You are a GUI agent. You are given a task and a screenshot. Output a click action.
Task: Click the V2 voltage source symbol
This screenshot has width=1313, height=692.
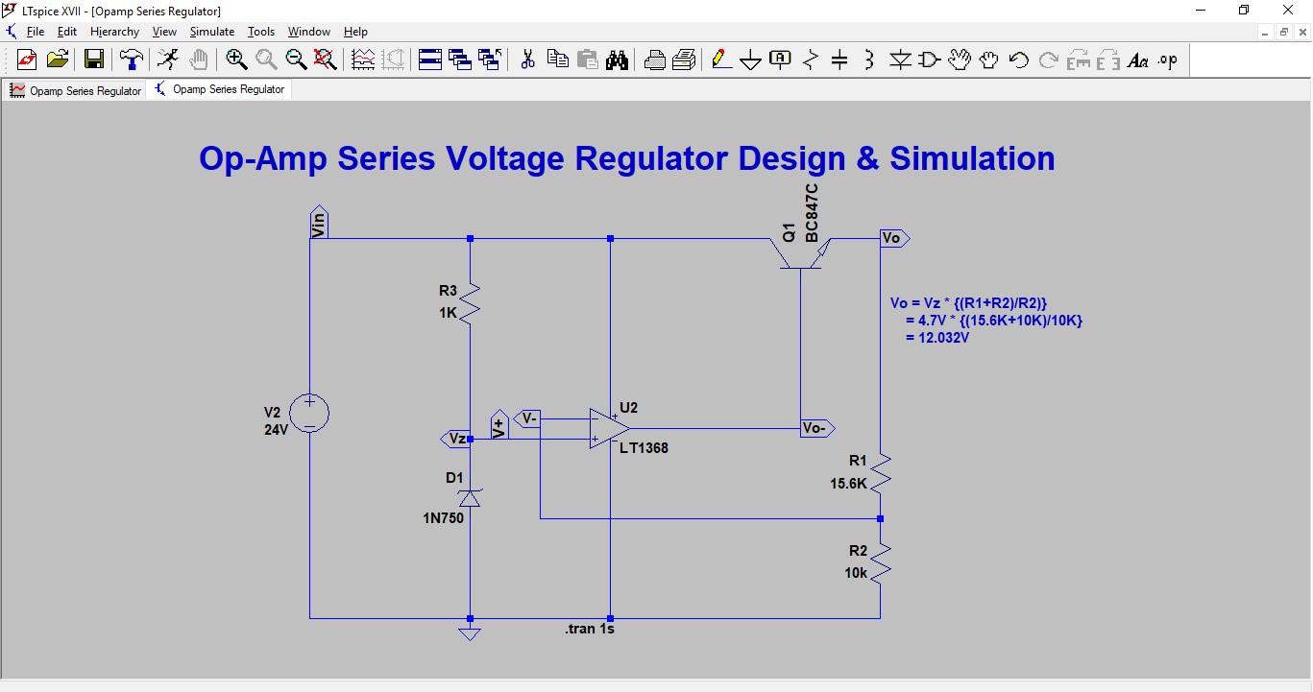point(310,413)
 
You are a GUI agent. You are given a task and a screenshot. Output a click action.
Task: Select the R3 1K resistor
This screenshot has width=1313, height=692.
point(470,301)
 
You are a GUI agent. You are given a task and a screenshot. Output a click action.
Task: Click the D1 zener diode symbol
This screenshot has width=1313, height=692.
point(470,497)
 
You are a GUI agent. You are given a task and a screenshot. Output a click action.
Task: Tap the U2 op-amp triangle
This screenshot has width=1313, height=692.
point(609,428)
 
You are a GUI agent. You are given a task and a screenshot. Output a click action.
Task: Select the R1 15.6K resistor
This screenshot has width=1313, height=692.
point(880,473)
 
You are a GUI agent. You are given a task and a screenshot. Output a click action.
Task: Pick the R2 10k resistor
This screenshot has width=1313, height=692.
point(880,561)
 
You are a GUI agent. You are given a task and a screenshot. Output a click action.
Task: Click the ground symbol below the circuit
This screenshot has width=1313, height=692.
point(470,632)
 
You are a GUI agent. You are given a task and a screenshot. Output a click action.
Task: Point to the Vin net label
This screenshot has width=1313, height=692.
point(319,223)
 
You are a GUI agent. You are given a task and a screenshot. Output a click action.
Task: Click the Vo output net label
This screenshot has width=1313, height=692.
point(893,238)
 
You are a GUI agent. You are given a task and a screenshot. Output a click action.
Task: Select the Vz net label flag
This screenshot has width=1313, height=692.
point(455,439)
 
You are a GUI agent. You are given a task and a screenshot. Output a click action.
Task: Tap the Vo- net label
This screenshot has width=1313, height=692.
point(815,428)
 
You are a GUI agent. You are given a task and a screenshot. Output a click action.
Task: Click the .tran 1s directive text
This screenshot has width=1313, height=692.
point(589,630)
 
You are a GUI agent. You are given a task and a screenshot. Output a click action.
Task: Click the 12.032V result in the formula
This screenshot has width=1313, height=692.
point(937,338)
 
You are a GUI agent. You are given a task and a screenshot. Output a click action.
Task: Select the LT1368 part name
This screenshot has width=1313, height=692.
point(644,448)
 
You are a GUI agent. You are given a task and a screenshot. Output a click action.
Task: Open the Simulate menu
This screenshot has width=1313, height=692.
point(211,32)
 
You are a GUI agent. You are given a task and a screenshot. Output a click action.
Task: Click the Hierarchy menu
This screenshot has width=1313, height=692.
point(114,32)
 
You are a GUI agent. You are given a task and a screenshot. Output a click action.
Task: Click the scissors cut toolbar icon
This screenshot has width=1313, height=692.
point(527,60)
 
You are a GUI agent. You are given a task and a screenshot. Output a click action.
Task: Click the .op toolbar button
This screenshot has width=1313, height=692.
point(1167,60)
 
